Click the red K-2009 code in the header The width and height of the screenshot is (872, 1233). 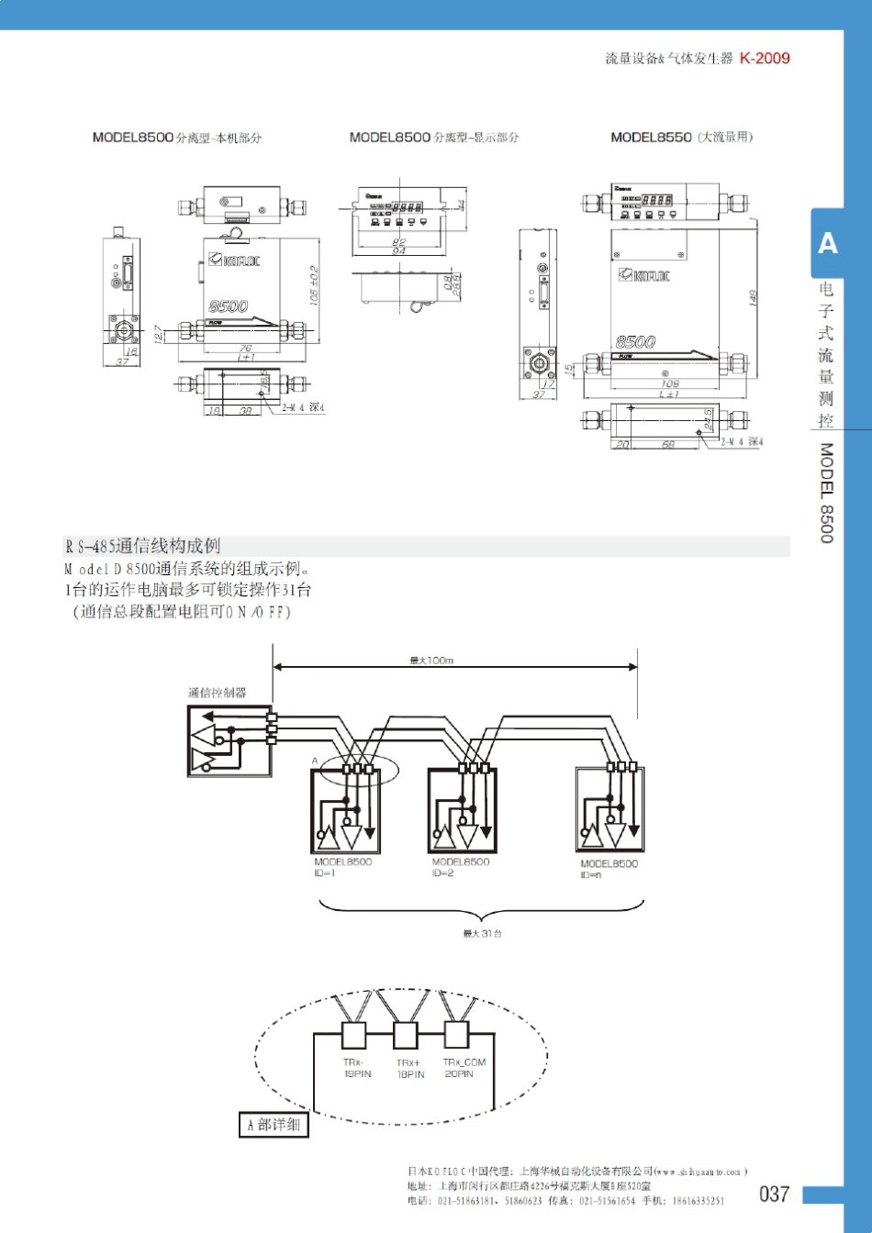(765, 58)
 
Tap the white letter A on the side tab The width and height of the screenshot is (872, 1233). (828, 243)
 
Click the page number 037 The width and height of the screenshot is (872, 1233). (774, 1194)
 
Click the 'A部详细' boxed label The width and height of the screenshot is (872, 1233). (274, 1125)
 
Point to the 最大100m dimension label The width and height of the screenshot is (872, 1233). (431, 661)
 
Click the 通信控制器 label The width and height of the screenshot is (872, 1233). (218, 693)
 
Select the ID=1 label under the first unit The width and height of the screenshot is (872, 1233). (325, 873)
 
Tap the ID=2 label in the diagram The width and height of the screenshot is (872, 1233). (443, 873)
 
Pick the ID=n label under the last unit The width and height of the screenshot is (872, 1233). (591, 875)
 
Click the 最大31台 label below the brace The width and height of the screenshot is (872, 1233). (482, 933)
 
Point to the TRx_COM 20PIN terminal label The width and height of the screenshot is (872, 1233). (464, 1068)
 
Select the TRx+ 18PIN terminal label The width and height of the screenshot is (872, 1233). (410, 1068)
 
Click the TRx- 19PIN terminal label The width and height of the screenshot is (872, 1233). (357, 1068)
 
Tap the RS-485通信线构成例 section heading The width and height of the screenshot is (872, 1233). (142, 546)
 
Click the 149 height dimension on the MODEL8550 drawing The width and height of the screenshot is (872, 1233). (753, 298)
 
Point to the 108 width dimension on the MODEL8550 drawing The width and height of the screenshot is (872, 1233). (670, 384)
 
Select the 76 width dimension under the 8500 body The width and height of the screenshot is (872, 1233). (246, 348)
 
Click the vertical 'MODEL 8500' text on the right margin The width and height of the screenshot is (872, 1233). (827, 493)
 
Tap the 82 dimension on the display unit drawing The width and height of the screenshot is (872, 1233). (398, 242)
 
